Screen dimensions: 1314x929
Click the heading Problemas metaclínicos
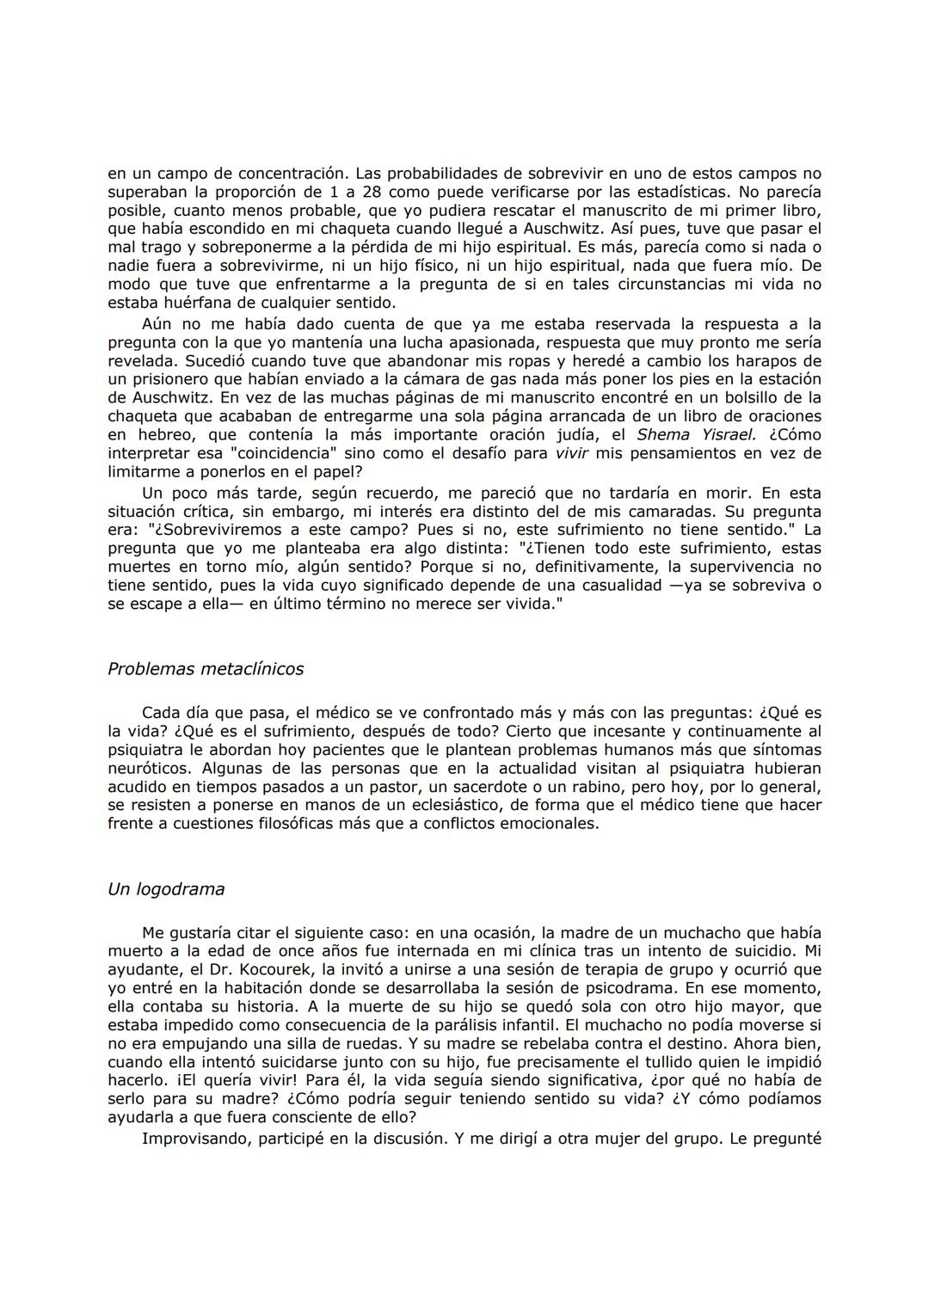click(205, 668)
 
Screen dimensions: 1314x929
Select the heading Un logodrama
click(165, 888)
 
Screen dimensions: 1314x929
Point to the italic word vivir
click(571, 453)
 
